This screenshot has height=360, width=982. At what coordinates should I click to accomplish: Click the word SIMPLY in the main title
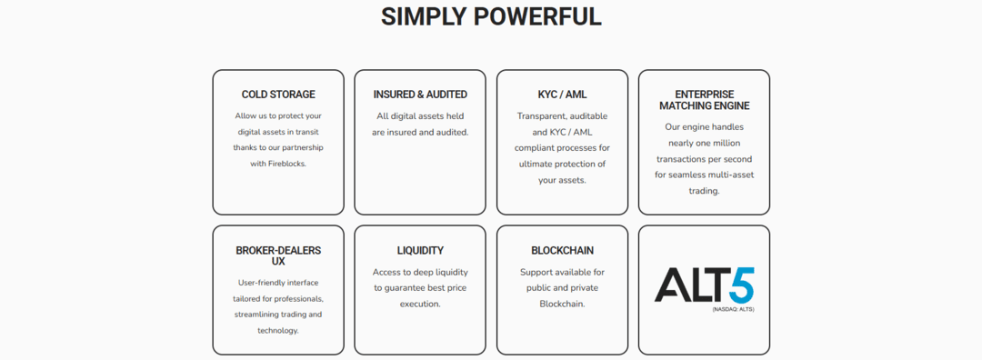point(424,16)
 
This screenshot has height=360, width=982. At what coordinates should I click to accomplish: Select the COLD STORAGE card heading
point(278,95)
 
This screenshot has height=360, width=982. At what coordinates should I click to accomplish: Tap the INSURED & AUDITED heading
point(420,95)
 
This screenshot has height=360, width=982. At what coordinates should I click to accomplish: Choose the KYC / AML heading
point(562,95)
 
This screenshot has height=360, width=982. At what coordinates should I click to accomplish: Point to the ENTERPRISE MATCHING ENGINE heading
point(704,100)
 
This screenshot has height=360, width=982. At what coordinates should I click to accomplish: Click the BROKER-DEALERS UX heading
point(278,255)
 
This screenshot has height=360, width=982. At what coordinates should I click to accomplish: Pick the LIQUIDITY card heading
point(420,250)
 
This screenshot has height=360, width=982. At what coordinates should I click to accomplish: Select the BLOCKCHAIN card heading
point(562,250)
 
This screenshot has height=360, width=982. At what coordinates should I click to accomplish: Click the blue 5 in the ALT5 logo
point(740,285)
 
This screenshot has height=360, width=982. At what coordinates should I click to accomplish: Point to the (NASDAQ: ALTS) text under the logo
point(733,309)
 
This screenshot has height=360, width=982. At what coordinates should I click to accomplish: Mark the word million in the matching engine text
point(724,143)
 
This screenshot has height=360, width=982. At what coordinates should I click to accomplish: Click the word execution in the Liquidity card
point(420,304)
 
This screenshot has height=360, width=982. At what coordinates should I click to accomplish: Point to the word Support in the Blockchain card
point(536,272)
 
